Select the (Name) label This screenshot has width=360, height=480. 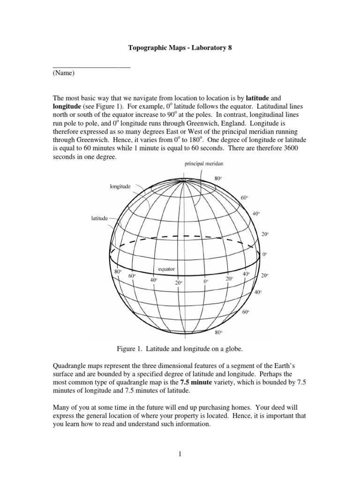coord(63,73)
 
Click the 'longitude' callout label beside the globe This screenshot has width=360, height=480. coord(120,186)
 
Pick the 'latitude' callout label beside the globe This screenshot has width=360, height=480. coord(100,218)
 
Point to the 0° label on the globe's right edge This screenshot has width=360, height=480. coord(264,254)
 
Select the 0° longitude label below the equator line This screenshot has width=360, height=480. coord(205,281)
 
